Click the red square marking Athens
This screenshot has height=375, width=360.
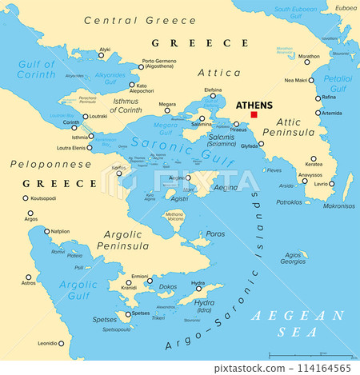click(x=254, y=115)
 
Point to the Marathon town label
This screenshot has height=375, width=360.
click(x=308, y=57)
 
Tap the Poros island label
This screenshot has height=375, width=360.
click(x=216, y=233)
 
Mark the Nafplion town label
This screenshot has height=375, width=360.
click(x=60, y=231)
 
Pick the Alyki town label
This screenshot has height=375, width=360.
click(x=104, y=50)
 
